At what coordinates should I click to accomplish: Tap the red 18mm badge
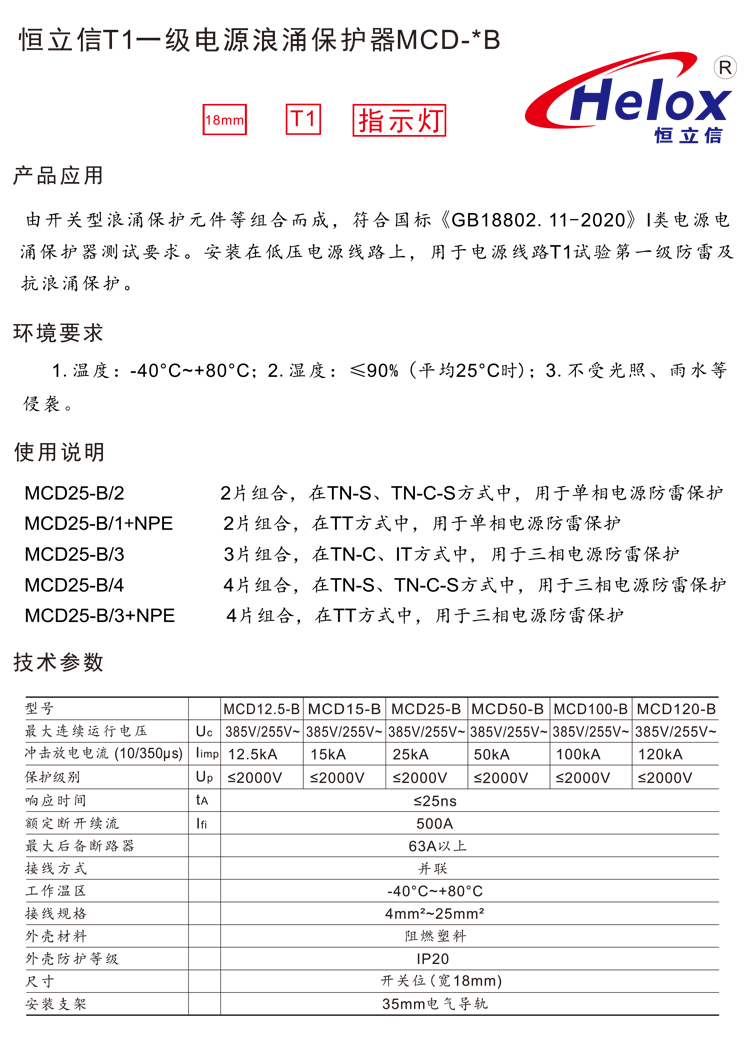click(x=224, y=121)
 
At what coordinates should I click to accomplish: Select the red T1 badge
click(x=304, y=120)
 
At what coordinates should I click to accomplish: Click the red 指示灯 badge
click(x=399, y=121)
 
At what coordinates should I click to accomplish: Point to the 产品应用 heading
click(x=57, y=177)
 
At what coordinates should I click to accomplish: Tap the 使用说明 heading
click(x=57, y=453)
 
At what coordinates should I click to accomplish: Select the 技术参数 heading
click(x=57, y=662)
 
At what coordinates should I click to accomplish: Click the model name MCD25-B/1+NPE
click(x=98, y=523)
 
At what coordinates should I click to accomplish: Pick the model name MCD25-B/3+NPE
click(x=98, y=615)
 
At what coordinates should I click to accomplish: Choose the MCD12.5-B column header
click(x=261, y=708)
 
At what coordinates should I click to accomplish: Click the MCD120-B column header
click(x=675, y=708)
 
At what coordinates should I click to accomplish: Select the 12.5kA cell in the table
click(x=253, y=754)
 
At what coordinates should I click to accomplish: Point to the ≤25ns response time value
click(x=434, y=800)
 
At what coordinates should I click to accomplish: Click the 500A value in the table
click(x=434, y=823)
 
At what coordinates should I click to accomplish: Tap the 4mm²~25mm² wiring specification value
click(x=434, y=913)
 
